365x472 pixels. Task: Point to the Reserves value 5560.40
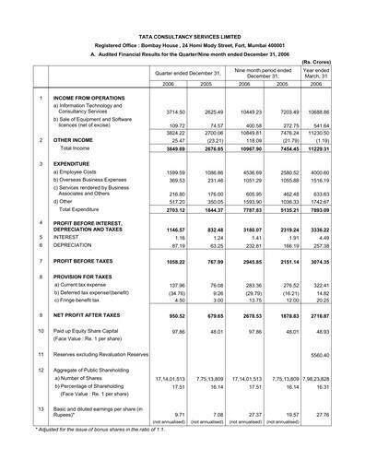pos(341,380)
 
